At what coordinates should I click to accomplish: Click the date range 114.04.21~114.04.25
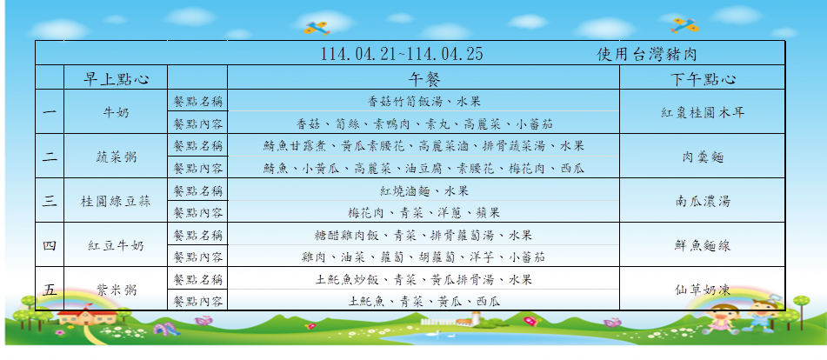tap(402, 54)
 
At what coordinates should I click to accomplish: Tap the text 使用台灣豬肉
tap(647, 54)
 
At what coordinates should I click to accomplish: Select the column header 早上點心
tap(116, 78)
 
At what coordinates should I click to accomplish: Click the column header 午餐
tap(424, 78)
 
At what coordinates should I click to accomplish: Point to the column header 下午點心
tap(703, 78)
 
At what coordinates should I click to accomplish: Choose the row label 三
tap(50, 201)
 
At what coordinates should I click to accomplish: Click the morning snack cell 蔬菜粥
tap(116, 157)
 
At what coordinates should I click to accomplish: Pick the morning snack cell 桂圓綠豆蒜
tap(116, 201)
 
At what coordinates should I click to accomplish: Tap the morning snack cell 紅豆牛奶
tap(116, 245)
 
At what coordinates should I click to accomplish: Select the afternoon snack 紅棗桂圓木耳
tap(703, 112)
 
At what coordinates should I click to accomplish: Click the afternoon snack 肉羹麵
tap(703, 157)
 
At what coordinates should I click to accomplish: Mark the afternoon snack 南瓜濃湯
tap(703, 201)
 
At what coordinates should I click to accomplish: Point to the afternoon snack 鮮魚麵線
tap(703, 245)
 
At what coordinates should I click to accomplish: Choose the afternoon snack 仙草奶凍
tap(703, 290)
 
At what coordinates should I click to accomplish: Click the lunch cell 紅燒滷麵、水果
tap(424, 190)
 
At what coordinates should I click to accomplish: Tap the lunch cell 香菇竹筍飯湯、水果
tap(424, 101)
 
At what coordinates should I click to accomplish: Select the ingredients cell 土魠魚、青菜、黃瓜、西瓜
tap(424, 302)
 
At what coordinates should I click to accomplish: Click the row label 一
tap(50, 112)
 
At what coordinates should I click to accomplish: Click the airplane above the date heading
tap(317, 28)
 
